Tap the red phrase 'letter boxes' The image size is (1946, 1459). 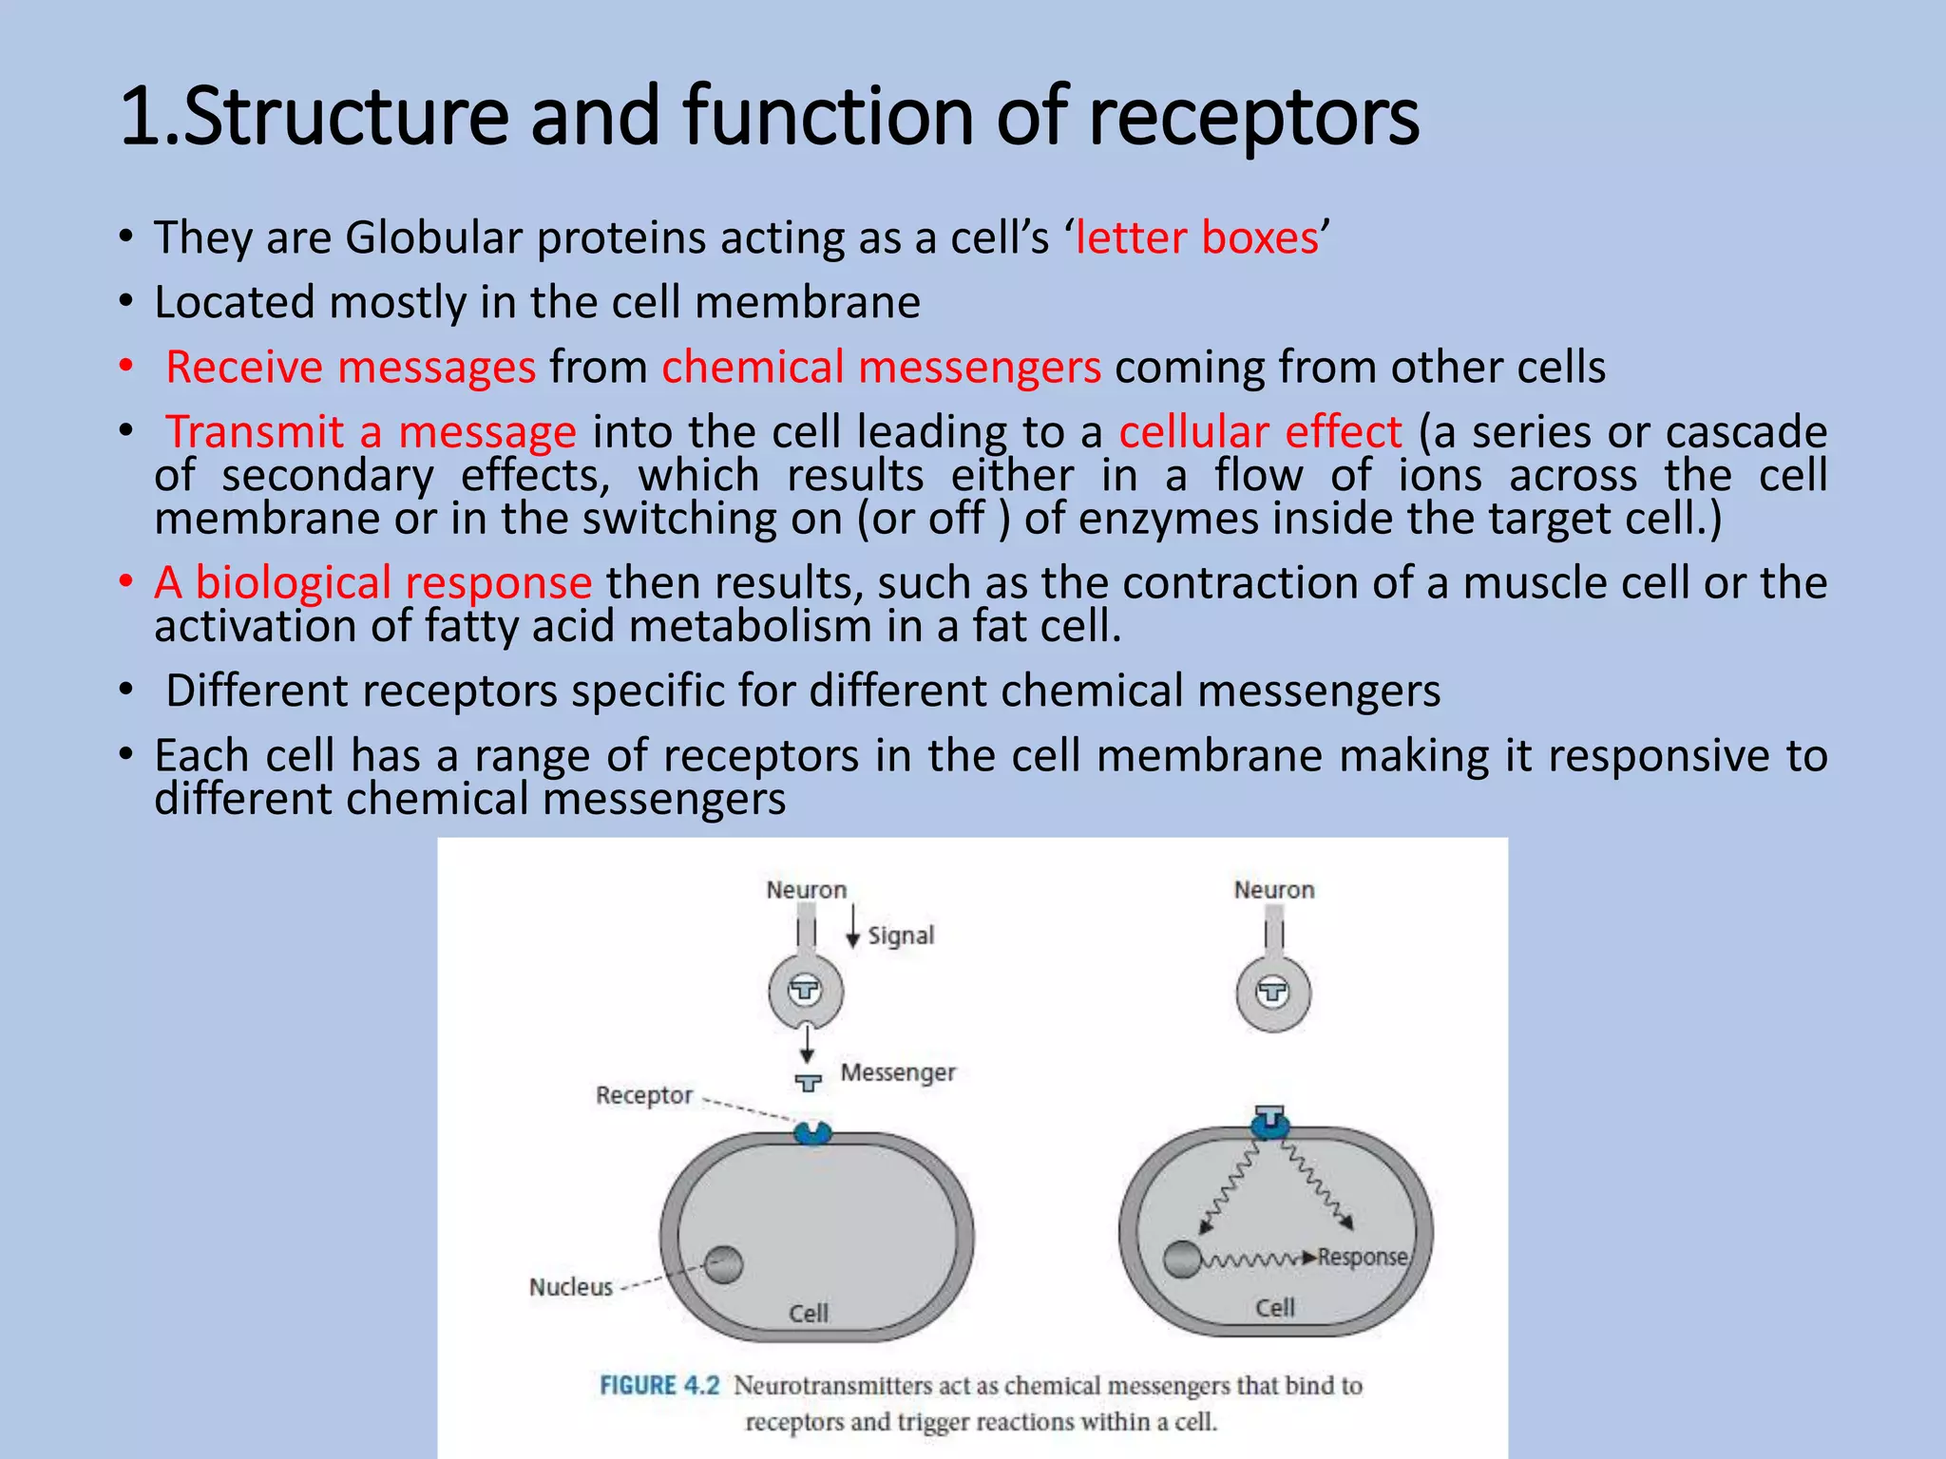pyautogui.click(x=1196, y=237)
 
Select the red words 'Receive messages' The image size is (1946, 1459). pyautogui.click(x=351, y=368)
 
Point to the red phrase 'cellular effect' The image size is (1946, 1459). pyautogui.click(x=1260, y=432)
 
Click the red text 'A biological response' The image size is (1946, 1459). pyautogui.click(x=373, y=582)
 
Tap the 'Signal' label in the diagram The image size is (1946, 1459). pyautogui.click(x=901, y=936)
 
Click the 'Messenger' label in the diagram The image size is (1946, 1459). pyautogui.click(x=898, y=1072)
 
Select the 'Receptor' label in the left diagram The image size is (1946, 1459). pyautogui.click(x=644, y=1095)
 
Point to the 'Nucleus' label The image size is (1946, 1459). pyautogui.click(x=571, y=1287)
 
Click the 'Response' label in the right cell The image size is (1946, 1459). pyautogui.click(x=1362, y=1257)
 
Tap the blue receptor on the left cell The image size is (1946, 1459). pyautogui.click(x=812, y=1132)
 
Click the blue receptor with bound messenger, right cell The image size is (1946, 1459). pyautogui.click(x=1270, y=1124)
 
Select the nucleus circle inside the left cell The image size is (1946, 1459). pyautogui.click(x=724, y=1264)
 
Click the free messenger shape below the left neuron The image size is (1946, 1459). pyautogui.click(x=809, y=1083)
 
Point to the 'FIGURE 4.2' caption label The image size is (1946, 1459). pyautogui.click(x=659, y=1386)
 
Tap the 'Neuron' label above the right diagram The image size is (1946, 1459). pyautogui.click(x=1274, y=890)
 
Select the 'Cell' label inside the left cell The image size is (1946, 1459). pyautogui.click(x=809, y=1314)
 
